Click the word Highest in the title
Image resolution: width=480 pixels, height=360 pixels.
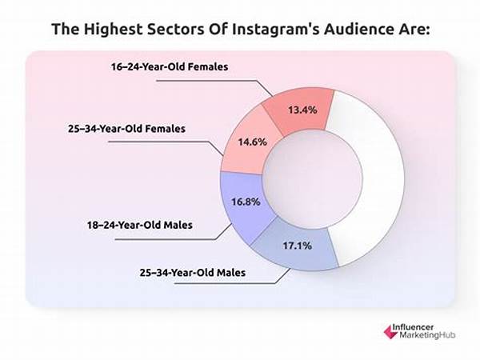[112, 30]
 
